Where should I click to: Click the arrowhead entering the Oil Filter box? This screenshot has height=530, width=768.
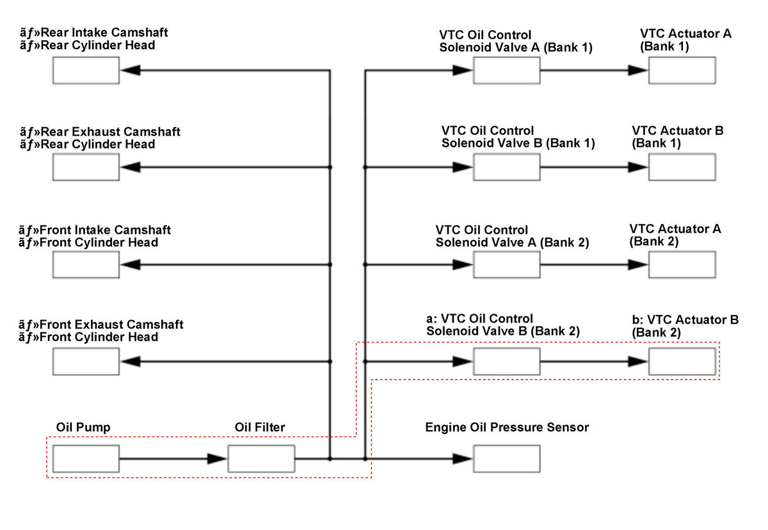click(x=218, y=459)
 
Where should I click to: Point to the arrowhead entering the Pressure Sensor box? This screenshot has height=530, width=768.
click(x=463, y=459)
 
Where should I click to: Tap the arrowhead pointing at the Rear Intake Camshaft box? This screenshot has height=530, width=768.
click(x=131, y=70)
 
